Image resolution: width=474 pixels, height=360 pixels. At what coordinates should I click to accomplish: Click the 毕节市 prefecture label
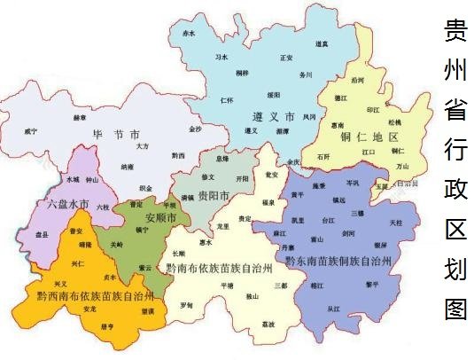(116, 136)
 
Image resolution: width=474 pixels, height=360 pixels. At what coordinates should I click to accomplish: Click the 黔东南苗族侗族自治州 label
(341, 262)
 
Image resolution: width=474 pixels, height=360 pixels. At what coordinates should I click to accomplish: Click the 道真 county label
(321, 43)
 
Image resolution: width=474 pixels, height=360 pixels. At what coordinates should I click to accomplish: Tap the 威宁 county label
(32, 131)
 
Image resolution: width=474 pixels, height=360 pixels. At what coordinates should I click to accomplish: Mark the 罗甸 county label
(186, 305)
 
